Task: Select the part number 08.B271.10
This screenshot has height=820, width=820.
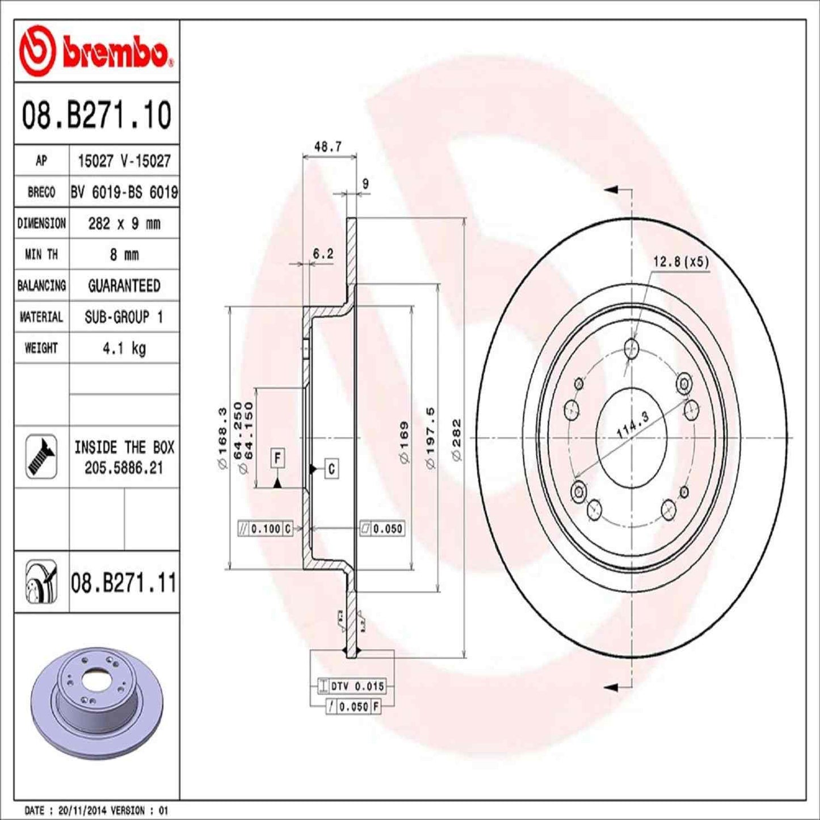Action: pyautogui.click(x=96, y=115)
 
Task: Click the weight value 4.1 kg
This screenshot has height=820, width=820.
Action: pyautogui.click(x=124, y=348)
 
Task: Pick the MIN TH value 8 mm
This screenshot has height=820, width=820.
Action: pyautogui.click(x=124, y=254)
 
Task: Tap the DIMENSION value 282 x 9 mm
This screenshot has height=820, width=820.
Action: pyautogui.click(x=124, y=223)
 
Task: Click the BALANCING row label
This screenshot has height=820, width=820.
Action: pyautogui.click(x=41, y=285)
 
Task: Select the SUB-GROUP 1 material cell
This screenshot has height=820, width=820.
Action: pyautogui.click(x=124, y=317)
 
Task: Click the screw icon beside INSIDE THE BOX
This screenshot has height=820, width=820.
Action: pyautogui.click(x=41, y=456)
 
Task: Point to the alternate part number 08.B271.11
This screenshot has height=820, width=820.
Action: pyautogui.click(x=124, y=583)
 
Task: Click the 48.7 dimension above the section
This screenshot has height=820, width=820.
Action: pyautogui.click(x=328, y=146)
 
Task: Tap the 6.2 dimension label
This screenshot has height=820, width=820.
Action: pyautogui.click(x=323, y=254)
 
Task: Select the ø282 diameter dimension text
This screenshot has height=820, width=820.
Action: pyautogui.click(x=456, y=440)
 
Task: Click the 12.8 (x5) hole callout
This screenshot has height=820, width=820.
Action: pyautogui.click(x=681, y=262)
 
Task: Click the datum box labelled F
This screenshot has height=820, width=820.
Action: pyautogui.click(x=277, y=457)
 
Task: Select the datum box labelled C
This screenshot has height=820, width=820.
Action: pyautogui.click(x=331, y=469)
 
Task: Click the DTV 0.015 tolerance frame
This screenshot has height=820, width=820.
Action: pyautogui.click(x=352, y=686)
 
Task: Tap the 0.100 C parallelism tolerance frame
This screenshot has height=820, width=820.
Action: pyautogui.click(x=265, y=529)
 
